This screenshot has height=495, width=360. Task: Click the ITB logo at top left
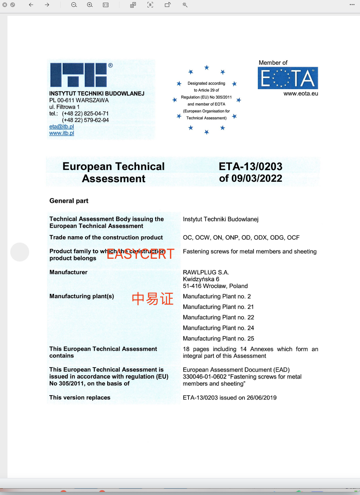click(x=79, y=75)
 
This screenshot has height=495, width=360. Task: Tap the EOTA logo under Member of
click(x=288, y=78)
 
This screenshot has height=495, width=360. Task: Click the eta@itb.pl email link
click(x=62, y=127)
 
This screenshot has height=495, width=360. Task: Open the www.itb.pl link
click(x=62, y=133)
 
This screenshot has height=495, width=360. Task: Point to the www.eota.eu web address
click(x=300, y=94)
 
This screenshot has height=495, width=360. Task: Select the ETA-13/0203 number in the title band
click(x=250, y=167)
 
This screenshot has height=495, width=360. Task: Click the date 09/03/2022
click(x=257, y=179)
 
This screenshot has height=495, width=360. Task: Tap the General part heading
click(x=69, y=201)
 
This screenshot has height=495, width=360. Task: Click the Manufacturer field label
click(x=68, y=272)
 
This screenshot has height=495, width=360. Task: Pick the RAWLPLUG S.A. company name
click(x=206, y=273)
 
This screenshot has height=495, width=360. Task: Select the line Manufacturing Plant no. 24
click(x=218, y=328)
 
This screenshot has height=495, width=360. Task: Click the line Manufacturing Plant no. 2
click(x=217, y=296)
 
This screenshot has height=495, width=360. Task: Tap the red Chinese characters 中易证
click(x=153, y=299)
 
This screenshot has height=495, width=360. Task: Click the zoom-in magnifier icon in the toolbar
click(x=90, y=5)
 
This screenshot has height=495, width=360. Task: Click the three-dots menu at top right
click(x=352, y=5)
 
